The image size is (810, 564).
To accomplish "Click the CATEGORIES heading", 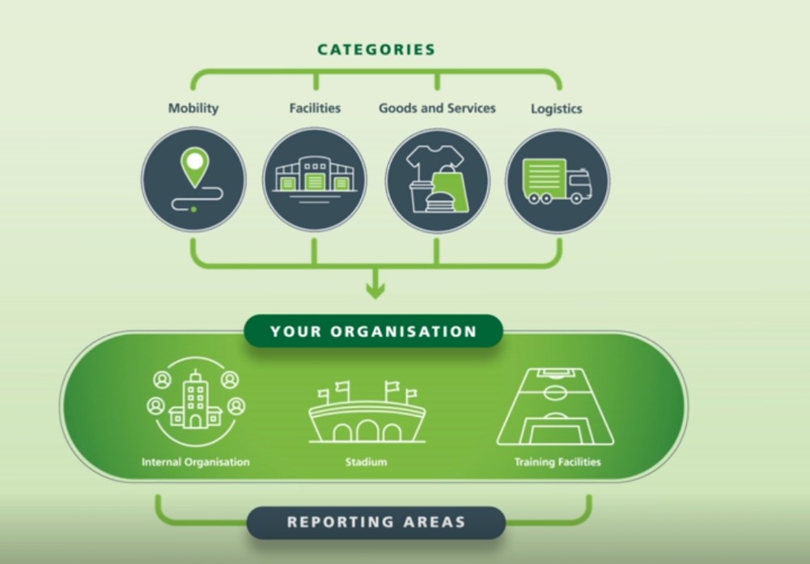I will tap(376, 49).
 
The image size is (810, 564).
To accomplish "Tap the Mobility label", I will tap(193, 108).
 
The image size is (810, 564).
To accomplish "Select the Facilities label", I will tap(315, 108).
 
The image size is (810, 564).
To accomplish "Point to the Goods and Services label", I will tap(437, 108).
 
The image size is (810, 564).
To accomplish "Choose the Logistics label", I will tap(556, 108).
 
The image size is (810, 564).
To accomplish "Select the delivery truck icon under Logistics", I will tap(557, 181).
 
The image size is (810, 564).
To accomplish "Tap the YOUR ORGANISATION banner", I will tap(374, 332).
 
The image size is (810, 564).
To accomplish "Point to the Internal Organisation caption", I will tap(196, 463).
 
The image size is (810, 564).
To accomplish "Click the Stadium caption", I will tap(366, 463).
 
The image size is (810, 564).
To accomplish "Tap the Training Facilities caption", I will tap(558, 463).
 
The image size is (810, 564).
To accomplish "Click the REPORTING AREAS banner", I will tap(376, 522).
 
